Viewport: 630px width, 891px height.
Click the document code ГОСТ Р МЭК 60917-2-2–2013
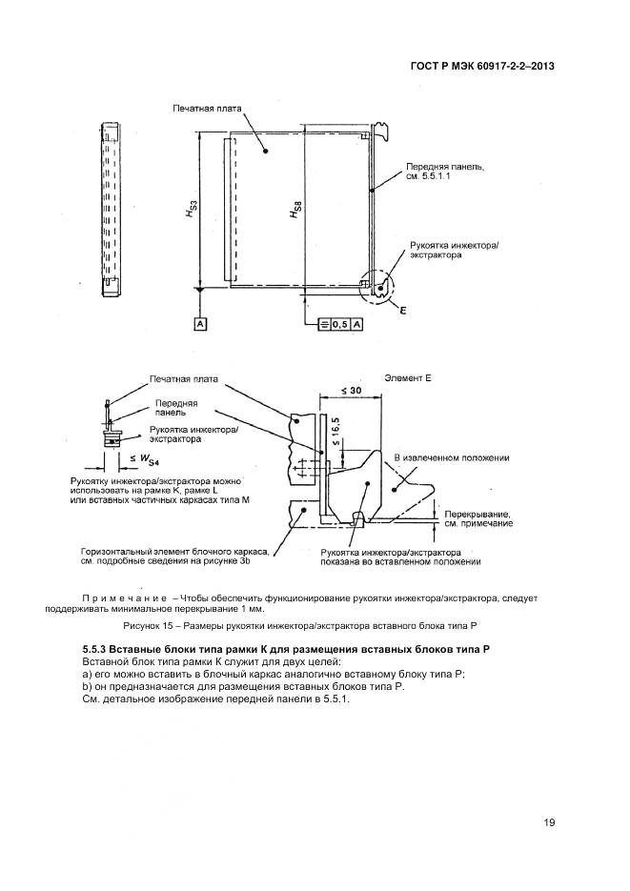484,67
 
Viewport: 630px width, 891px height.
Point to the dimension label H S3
193,212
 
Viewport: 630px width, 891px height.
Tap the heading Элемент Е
408,378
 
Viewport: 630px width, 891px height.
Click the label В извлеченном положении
451,458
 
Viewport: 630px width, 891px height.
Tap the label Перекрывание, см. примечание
478,518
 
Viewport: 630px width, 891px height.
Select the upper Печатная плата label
207,110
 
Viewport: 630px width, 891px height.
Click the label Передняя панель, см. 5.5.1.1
446,171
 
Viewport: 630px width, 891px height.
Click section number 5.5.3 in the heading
99,649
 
